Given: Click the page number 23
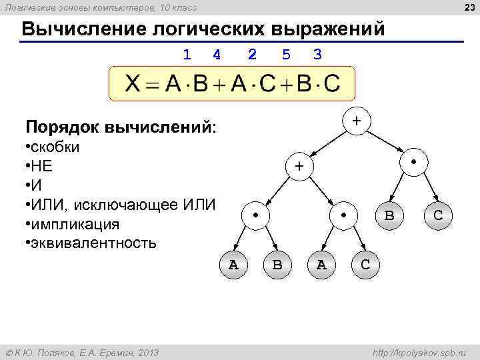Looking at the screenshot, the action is [469, 7].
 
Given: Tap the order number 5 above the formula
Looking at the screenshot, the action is [286, 55].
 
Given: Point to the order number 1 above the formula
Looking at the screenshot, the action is [187, 55].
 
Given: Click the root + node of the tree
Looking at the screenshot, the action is [357, 121].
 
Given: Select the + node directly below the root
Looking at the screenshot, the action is [299, 166].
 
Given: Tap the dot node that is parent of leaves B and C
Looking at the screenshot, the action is [413, 163].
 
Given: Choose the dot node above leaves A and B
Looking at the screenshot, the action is [255, 215].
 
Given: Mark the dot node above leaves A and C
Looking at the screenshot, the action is [343, 215].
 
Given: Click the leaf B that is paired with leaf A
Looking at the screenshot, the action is [277, 265].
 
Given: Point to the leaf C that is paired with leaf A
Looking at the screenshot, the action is [365, 265].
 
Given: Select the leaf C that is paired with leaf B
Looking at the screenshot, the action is [438, 215].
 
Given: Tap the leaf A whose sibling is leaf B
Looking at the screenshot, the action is [233, 265].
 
